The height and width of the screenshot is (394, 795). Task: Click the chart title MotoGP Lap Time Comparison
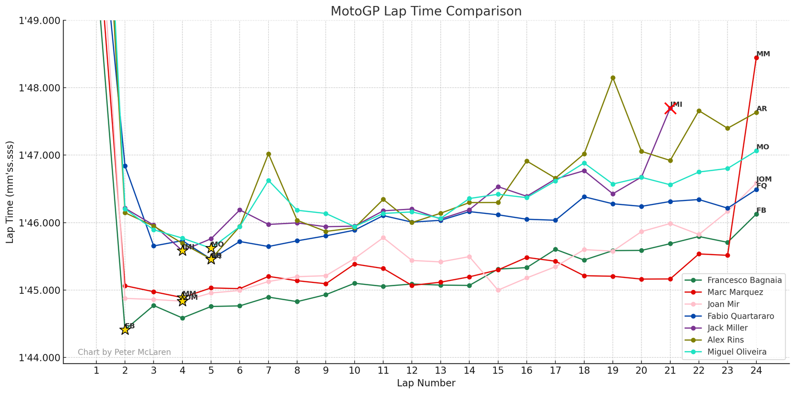point(426,11)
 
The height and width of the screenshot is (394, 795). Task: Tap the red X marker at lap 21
point(670,108)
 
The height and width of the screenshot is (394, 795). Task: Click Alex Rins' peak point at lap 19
point(613,78)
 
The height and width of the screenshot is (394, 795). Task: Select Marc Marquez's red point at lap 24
point(756,58)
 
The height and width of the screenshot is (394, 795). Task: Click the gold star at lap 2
point(125,329)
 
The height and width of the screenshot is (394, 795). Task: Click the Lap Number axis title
point(426,383)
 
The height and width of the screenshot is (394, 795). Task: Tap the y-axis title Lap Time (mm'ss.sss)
point(10,192)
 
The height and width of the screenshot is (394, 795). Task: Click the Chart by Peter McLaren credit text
point(124,352)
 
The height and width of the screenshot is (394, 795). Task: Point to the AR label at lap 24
point(762,109)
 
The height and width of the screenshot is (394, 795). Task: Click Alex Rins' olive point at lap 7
point(268,154)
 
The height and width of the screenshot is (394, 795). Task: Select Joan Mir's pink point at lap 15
point(498,290)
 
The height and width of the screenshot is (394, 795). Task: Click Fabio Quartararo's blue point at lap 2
point(125,166)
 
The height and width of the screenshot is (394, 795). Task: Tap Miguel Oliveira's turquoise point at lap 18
point(584,163)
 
